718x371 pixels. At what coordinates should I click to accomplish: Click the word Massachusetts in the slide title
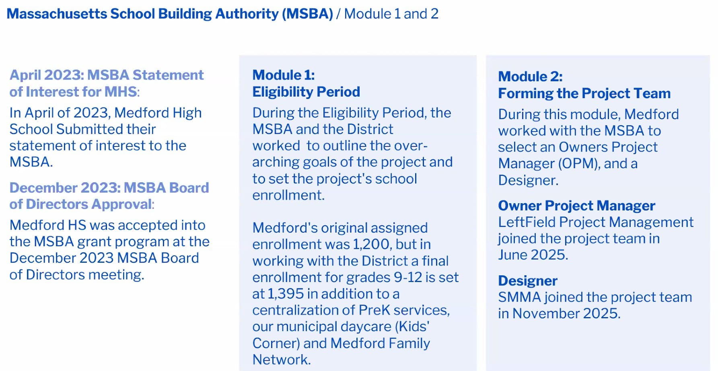pyautogui.click(x=57, y=14)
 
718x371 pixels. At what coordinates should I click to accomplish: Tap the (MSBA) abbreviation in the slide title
pyautogui.click(x=307, y=14)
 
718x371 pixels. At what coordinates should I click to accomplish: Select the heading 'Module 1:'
pyautogui.click(x=283, y=75)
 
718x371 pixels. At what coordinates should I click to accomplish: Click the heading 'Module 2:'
pyautogui.click(x=530, y=76)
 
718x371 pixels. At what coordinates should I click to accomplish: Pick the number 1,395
pyautogui.click(x=285, y=294)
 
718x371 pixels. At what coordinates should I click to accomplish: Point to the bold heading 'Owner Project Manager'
pyautogui.click(x=576, y=206)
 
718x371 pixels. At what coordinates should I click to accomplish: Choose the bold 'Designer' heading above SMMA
pyautogui.click(x=527, y=280)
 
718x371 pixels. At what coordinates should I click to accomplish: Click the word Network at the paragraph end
pyautogui.click(x=281, y=359)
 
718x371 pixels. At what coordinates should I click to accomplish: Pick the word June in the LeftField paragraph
pyautogui.click(x=512, y=255)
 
